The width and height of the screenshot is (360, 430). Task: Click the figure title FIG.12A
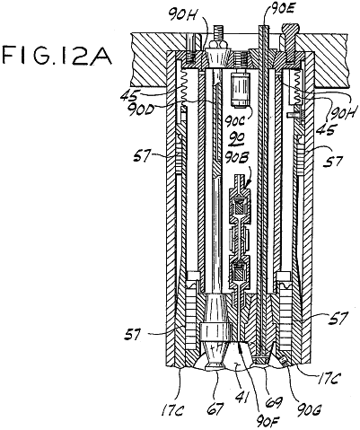(x=57, y=55)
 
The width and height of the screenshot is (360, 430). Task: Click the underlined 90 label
(x=237, y=137)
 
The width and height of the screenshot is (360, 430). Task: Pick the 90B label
(x=238, y=158)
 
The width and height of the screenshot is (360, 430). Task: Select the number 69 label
(x=274, y=402)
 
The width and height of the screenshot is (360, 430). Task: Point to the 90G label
(x=306, y=409)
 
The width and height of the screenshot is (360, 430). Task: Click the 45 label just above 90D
(x=129, y=96)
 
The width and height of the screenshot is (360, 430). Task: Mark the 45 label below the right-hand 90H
(x=327, y=130)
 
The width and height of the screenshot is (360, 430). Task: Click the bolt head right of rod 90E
(x=291, y=30)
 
